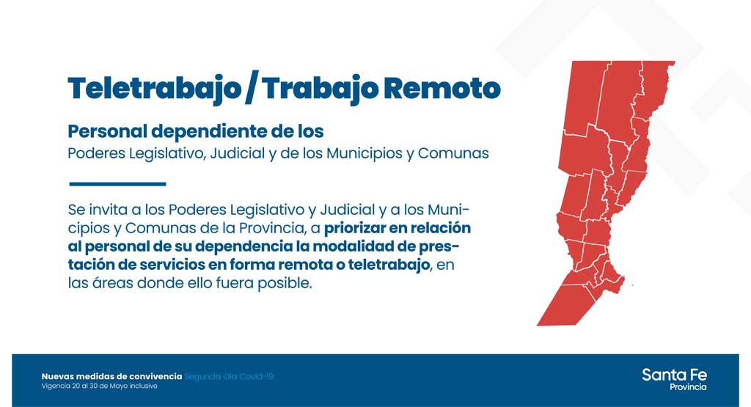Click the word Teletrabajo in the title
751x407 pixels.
pos(154,89)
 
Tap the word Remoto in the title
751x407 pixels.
pos(442,89)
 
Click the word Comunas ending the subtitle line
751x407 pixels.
pos(453,153)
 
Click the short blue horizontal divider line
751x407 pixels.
pos(117,184)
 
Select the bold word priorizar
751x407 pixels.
pos(355,228)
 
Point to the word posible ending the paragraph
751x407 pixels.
pos(285,283)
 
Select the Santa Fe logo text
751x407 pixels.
pos(675,375)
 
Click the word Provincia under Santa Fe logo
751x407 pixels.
pos(688,387)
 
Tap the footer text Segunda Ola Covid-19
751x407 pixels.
pos(229,376)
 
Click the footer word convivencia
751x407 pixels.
pos(155,376)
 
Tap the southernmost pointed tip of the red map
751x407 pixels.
pos(538,325)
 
